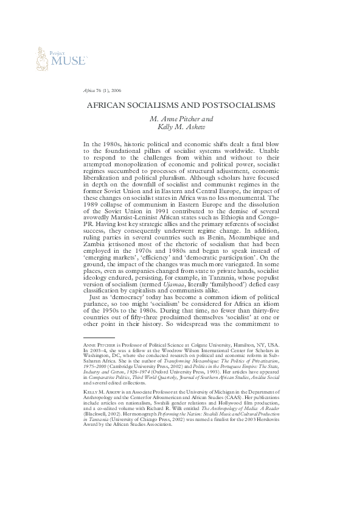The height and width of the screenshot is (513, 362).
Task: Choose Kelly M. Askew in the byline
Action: (181, 127)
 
